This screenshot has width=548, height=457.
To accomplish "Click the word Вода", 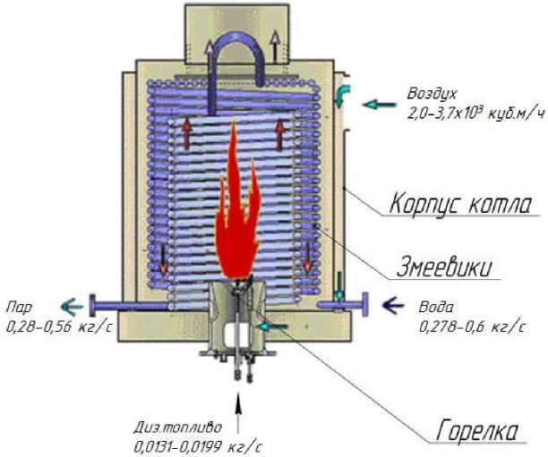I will point(436,306).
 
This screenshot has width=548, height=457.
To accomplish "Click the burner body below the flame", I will point(237,326).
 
